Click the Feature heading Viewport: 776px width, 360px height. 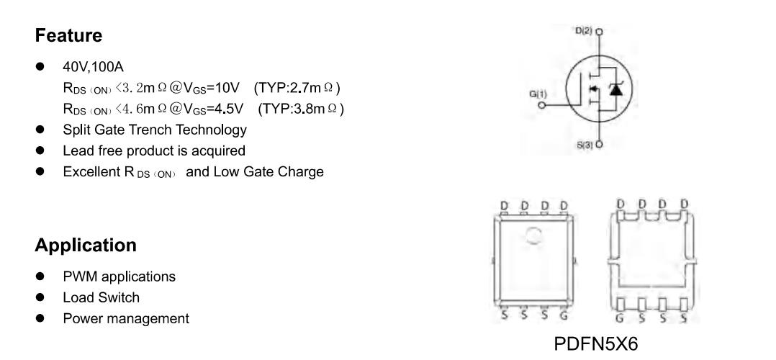point(68,36)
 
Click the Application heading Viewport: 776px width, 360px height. point(86,246)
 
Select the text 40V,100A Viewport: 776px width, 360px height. point(93,66)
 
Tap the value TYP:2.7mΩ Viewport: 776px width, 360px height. point(297,88)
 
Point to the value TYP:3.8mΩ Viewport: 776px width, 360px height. point(301,109)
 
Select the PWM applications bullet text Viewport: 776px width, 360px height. point(119,276)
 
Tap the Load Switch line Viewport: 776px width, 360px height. point(101,297)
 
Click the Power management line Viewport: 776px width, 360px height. point(126,318)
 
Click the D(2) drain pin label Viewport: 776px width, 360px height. point(584,31)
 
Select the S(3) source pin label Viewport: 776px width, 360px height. point(585,145)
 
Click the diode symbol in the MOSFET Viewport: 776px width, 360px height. point(615,89)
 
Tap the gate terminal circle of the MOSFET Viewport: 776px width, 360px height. point(542,105)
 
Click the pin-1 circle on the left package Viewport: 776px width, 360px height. point(533,235)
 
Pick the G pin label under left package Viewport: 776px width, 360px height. point(564,315)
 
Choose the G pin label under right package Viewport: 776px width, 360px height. point(620,318)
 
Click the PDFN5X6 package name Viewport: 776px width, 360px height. point(596,343)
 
